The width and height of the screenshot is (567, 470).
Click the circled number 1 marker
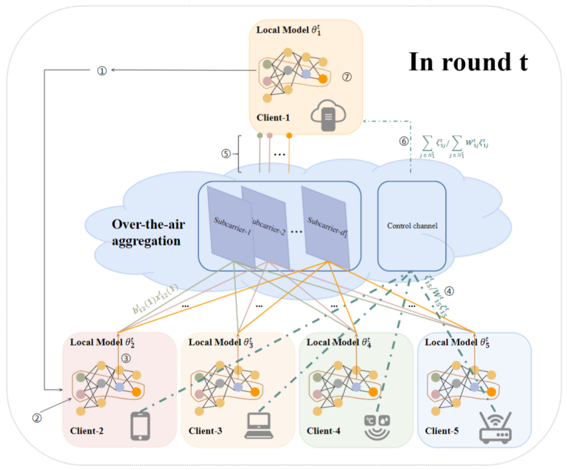pos(102,70)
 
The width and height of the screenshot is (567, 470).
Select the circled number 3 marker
pos(126,359)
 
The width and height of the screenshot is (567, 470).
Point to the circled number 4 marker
pos(449,290)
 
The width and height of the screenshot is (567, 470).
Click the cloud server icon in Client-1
pos(330,114)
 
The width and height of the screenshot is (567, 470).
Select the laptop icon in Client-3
pos(259,425)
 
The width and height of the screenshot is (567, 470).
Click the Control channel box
pos(411,225)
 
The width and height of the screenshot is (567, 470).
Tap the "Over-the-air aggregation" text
pos(142,232)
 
